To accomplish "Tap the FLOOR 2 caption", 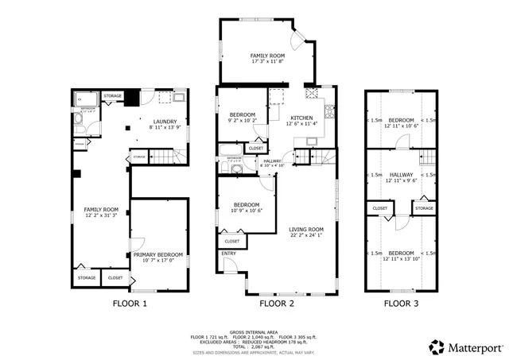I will (278, 303).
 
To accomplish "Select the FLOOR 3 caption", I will (402, 303).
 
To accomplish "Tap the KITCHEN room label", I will (301, 117).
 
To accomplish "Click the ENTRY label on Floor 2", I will (229, 254).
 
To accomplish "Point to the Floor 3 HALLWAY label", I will (401, 174).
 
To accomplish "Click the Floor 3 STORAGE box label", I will (424, 209).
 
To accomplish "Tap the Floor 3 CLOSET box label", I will (379, 209).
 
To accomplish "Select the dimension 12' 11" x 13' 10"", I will (401, 258).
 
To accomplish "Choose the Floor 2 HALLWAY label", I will (272, 161).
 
